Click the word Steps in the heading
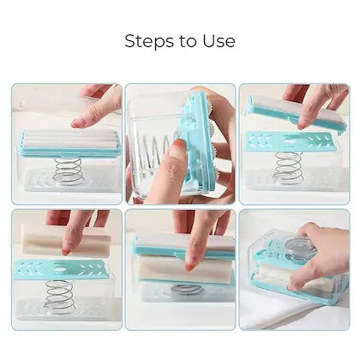(x=149, y=41)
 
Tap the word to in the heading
(x=189, y=42)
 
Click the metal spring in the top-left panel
(x=69, y=171)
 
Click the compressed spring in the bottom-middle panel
(x=188, y=289)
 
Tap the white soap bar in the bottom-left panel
(x=66, y=240)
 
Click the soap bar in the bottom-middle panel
(x=183, y=269)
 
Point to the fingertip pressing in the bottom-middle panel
(x=191, y=267)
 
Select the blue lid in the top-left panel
(x=69, y=143)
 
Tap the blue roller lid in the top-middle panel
(x=197, y=143)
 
